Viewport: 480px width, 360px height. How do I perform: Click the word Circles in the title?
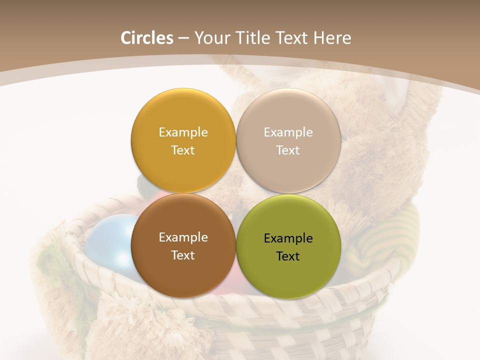pyautogui.click(x=147, y=38)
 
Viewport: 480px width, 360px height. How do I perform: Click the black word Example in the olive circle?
pyautogui.click(x=288, y=238)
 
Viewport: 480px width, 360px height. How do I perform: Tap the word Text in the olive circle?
pyautogui.click(x=288, y=256)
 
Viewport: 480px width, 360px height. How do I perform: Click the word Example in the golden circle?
pyautogui.click(x=183, y=132)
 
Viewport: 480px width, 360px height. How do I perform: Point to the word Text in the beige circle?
pyautogui.click(x=288, y=150)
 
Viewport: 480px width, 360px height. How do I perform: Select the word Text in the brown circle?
pyautogui.click(x=183, y=255)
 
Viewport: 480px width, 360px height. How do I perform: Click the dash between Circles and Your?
pyautogui.click(x=183, y=38)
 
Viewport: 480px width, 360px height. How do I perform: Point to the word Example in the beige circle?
pyautogui.click(x=288, y=132)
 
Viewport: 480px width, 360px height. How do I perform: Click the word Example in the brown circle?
pyautogui.click(x=183, y=237)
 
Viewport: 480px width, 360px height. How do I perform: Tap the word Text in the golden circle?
pyautogui.click(x=183, y=150)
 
